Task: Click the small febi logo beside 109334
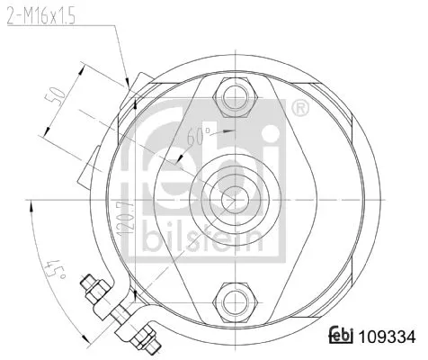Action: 344,337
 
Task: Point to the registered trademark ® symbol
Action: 302,110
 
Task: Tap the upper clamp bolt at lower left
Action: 94,288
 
